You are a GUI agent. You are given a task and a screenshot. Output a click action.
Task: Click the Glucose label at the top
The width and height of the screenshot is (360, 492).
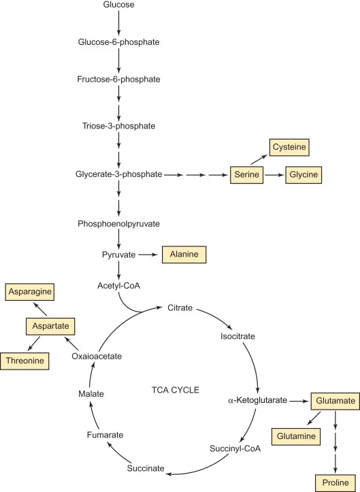tap(118, 5)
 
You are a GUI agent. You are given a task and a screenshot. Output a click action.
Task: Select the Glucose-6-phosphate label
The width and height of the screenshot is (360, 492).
tap(118, 42)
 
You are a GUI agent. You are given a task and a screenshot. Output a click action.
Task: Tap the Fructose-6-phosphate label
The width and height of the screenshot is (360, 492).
tap(118, 80)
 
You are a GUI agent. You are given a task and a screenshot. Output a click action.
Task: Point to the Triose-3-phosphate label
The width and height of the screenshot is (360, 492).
tap(118, 126)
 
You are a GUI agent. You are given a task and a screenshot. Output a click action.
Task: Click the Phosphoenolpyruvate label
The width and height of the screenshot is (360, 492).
tap(118, 223)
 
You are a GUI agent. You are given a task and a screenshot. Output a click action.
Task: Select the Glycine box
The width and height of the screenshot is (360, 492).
tap(302, 175)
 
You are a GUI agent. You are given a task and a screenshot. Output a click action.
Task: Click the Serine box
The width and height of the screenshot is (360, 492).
tap(246, 175)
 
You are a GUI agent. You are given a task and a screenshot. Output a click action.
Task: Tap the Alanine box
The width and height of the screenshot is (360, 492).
tap(183, 255)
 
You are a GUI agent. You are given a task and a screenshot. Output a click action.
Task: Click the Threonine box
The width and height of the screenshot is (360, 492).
tap(27, 361)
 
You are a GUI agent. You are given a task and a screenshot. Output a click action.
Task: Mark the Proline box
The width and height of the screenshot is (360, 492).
tap(335, 482)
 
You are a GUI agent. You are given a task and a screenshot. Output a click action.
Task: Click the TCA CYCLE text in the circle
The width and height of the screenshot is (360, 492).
tap(176, 390)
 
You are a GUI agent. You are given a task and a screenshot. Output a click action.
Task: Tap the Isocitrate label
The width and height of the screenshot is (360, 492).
tap(238, 336)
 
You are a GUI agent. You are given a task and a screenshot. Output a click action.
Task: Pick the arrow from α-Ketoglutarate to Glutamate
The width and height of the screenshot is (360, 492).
tap(298, 401)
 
